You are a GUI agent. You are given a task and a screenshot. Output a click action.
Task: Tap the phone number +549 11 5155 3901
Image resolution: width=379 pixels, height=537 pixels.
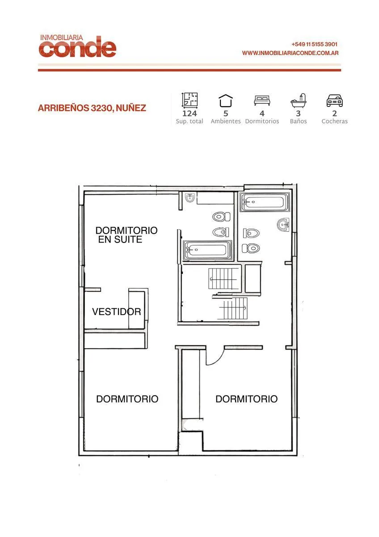pos(314,44)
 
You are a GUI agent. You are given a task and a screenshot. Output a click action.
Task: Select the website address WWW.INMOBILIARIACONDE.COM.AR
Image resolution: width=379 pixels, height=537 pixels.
pos(290,53)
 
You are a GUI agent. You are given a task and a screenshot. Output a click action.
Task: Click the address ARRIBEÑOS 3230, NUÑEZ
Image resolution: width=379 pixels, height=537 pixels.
pos(92,108)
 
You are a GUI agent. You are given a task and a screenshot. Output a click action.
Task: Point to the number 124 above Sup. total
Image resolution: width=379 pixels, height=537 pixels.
pos(189,113)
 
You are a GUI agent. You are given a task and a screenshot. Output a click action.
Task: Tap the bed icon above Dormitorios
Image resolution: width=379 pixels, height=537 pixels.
pos(262,100)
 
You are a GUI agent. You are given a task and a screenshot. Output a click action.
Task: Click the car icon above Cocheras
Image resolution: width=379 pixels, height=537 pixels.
pos(334,101)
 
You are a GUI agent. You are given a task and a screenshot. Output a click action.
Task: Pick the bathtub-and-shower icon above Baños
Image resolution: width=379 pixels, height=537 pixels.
pos(298,101)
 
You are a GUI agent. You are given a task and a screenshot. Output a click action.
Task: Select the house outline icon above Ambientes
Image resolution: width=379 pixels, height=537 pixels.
pos(226,101)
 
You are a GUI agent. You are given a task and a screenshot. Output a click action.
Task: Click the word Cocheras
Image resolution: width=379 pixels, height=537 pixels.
pos(334,121)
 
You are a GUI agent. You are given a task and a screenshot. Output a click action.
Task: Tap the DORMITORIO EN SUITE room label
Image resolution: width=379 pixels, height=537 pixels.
pos(126,235)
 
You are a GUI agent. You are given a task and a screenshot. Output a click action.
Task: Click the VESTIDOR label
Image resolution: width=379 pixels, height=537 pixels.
pos(117,311)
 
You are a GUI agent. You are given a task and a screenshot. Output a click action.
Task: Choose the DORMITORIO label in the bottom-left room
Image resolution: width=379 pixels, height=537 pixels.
pos(127,399)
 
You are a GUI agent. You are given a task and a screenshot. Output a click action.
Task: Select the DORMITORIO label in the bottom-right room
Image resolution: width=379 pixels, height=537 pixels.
pos(247,399)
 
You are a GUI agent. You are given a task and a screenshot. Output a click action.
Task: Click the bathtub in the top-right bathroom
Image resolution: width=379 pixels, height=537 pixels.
pos(265,202)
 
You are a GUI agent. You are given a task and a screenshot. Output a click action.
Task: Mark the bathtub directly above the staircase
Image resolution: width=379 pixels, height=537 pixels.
pos(207,250)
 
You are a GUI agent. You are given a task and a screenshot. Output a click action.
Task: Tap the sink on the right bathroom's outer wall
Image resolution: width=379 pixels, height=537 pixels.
pos(283,225)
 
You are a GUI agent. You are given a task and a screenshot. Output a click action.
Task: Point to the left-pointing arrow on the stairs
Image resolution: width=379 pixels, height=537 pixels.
pos(223,279)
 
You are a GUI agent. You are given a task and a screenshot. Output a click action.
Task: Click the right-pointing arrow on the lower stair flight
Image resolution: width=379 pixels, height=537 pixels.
pos(233,308)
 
